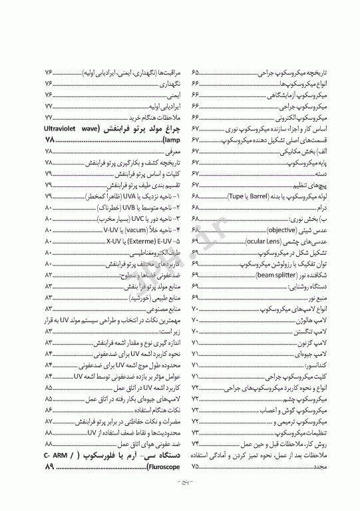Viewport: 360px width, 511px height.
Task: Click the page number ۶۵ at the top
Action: [x=196, y=72]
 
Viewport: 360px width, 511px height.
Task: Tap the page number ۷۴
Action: [x=196, y=444]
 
